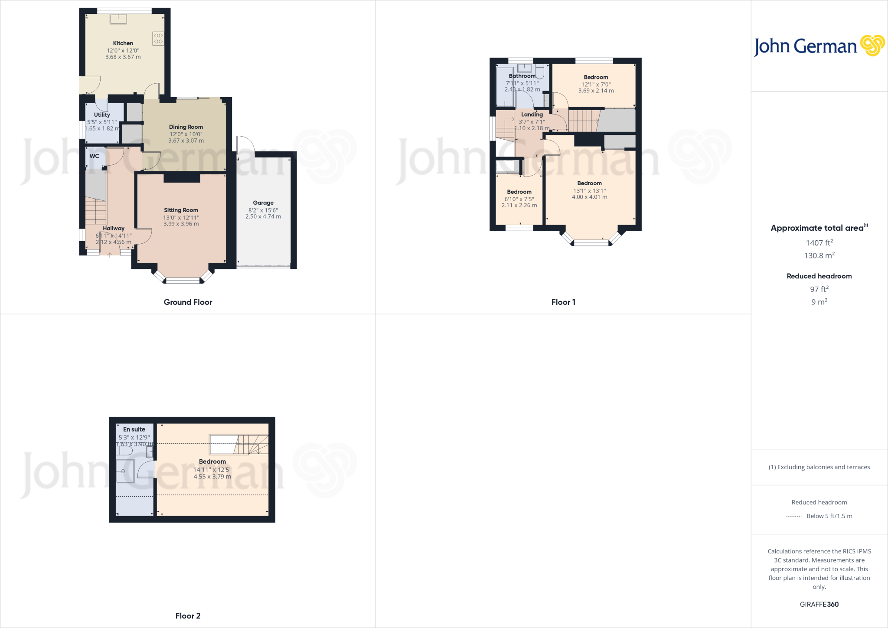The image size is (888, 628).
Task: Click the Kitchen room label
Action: [x=123, y=43]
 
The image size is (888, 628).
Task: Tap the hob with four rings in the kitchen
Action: [x=158, y=39]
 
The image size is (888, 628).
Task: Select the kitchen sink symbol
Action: [x=118, y=19]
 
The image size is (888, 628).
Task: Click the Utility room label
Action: [x=102, y=115]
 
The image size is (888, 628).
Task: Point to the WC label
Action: [x=94, y=156]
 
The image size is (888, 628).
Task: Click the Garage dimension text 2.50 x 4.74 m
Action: [x=263, y=216]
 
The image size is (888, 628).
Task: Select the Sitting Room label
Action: [x=181, y=210]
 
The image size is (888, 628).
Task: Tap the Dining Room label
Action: [x=186, y=127]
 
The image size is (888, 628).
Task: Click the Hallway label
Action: [x=114, y=229]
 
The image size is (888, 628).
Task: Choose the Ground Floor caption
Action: [x=188, y=302]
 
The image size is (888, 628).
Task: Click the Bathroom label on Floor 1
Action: [x=522, y=76]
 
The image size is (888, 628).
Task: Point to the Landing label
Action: [x=532, y=114]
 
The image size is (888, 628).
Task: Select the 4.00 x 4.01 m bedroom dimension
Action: [x=589, y=197]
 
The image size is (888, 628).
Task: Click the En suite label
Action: [x=134, y=429]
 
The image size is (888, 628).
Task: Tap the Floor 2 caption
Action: [x=188, y=616]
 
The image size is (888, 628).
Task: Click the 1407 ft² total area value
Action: [x=819, y=243]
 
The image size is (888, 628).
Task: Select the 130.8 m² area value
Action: [x=819, y=255]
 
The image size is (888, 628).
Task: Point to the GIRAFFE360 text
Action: [x=819, y=604]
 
